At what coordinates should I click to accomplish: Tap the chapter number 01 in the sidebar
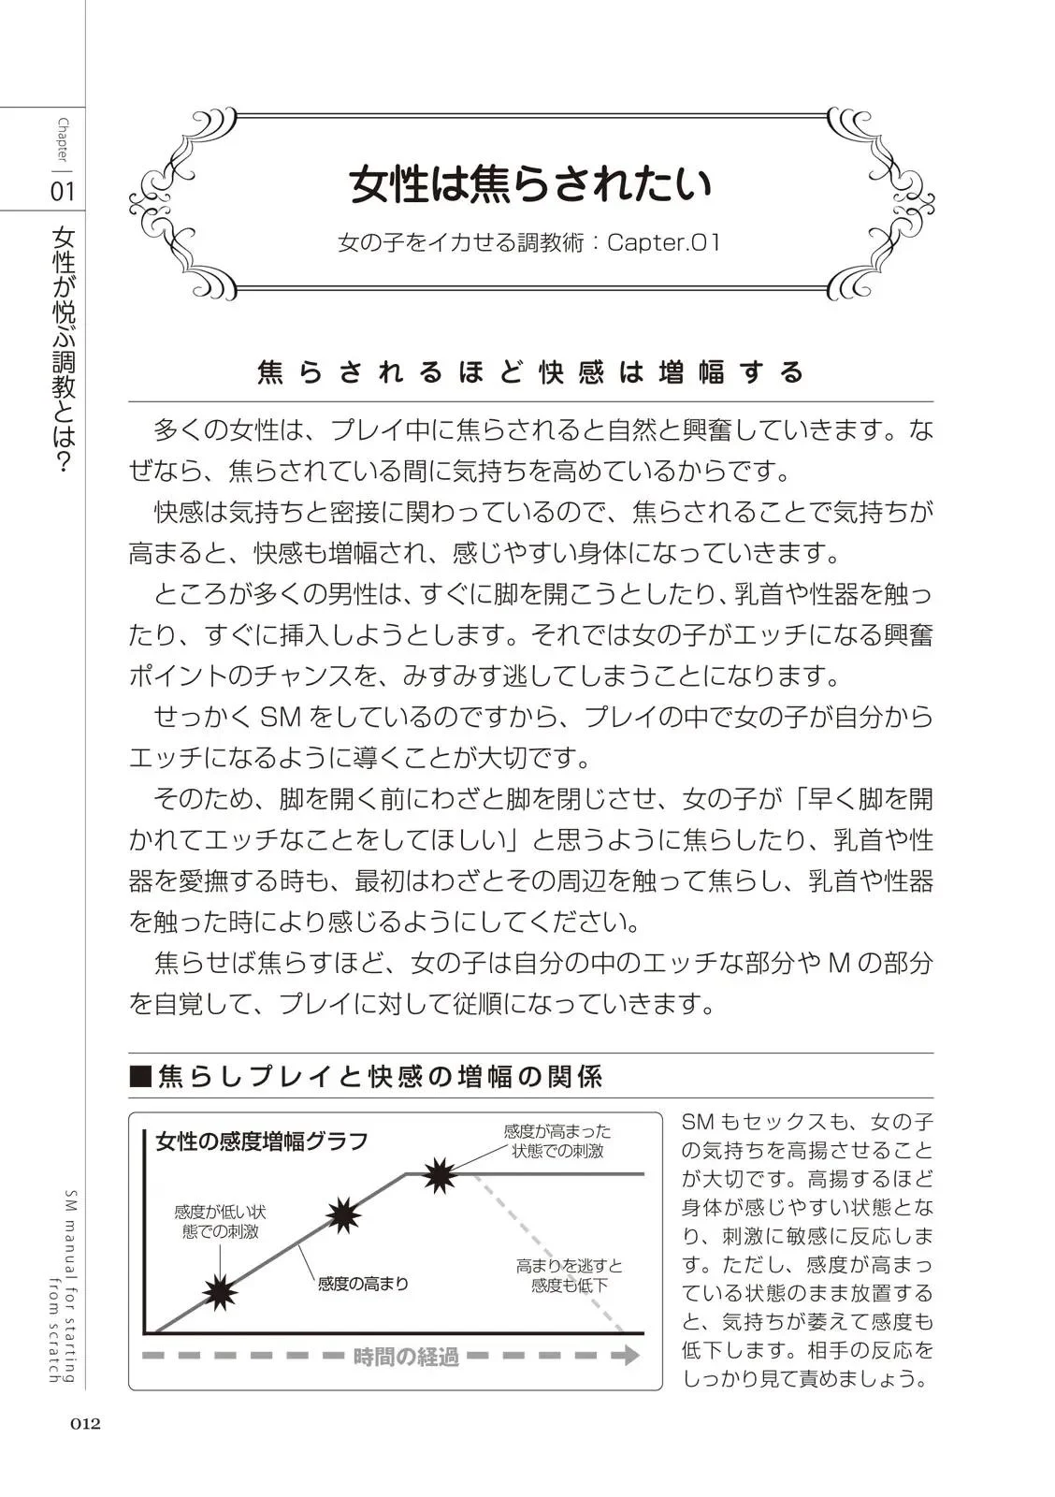pyautogui.click(x=62, y=192)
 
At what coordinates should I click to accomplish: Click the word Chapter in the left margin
pyautogui.click(x=63, y=139)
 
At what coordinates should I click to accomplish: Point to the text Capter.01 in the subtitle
pyautogui.click(x=664, y=243)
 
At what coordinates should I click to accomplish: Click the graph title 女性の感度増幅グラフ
pyautogui.click(x=262, y=1141)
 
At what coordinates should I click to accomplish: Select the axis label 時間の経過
pyautogui.click(x=406, y=1356)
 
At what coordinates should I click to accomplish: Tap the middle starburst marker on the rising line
pyautogui.click(x=344, y=1214)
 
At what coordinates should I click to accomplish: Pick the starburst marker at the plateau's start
pyautogui.click(x=438, y=1174)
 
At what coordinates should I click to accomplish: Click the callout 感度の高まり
pyautogui.click(x=364, y=1284)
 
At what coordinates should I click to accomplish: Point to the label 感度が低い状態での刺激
pyautogui.click(x=221, y=1222)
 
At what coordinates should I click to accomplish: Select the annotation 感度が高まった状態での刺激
pyautogui.click(x=556, y=1141)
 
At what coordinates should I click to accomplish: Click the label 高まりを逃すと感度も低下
pyautogui.click(x=569, y=1275)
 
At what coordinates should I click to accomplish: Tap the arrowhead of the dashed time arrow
pyautogui.click(x=631, y=1355)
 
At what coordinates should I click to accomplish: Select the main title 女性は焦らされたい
pyautogui.click(x=530, y=184)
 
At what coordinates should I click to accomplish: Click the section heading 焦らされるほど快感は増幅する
pyautogui.click(x=530, y=372)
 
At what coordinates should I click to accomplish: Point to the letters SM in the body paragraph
pyautogui.click(x=279, y=718)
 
